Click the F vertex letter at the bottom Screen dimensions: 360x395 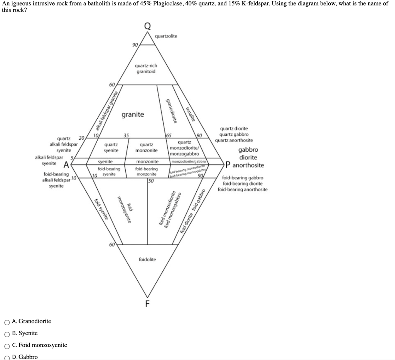[x=147, y=304]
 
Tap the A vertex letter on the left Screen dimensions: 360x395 [x=66, y=165]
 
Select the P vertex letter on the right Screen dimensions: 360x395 [x=228, y=165]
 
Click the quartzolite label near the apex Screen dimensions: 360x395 [x=166, y=36]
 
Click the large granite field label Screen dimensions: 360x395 [x=133, y=115]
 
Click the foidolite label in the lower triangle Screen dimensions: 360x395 [x=147, y=259]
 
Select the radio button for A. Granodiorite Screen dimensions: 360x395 [x=7, y=321]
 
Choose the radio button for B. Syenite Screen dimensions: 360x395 [x=7, y=333]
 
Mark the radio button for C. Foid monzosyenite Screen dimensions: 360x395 [x=7, y=345]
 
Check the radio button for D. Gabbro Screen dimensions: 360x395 [x=7, y=357]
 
